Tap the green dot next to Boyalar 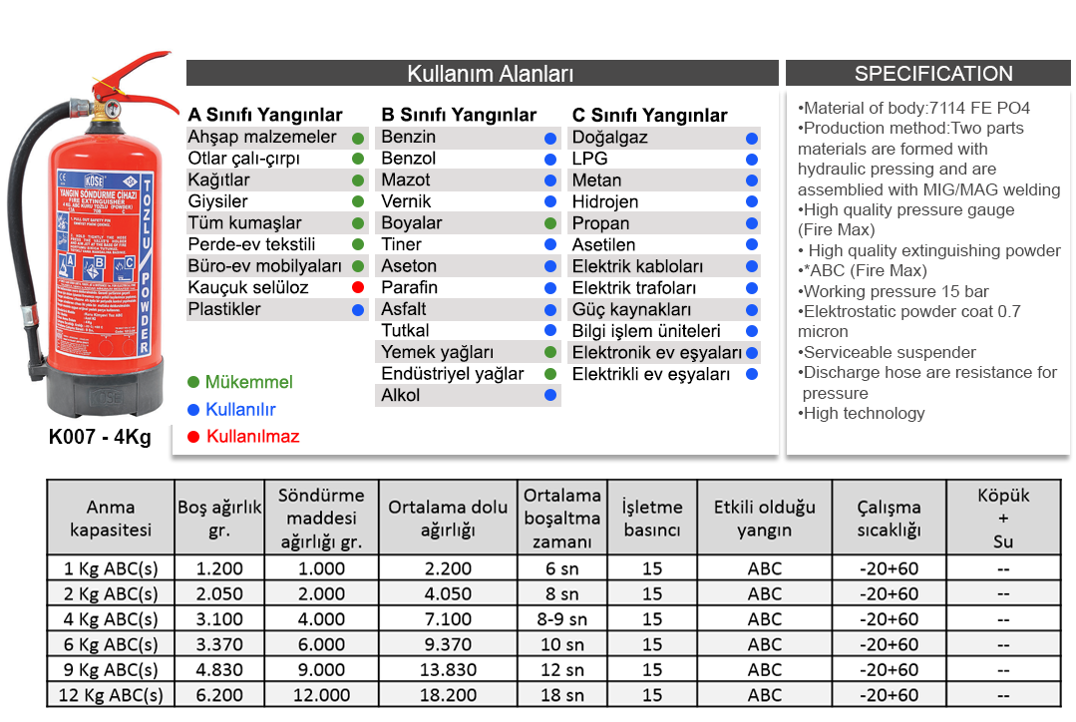click(x=550, y=223)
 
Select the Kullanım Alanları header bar click(x=483, y=74)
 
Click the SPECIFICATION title click(x=932, y=74)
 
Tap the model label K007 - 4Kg click(x=100, y=437)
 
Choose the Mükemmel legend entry click(x=248, y=383)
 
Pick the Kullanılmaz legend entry click(x=252, y=437)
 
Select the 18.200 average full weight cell click(x=447, y=695)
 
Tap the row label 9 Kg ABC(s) click(x=110, y=670)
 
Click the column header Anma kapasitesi click(x=110, y=519)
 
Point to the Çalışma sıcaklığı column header click(x=889, y=519)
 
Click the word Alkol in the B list click(x=401, y=396)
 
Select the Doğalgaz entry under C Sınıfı click(x=609, y=138)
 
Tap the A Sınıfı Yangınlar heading click(x=265, y=115)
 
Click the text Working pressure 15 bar click(x=895, y=291)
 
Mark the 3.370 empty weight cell click(x=219, y=645)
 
